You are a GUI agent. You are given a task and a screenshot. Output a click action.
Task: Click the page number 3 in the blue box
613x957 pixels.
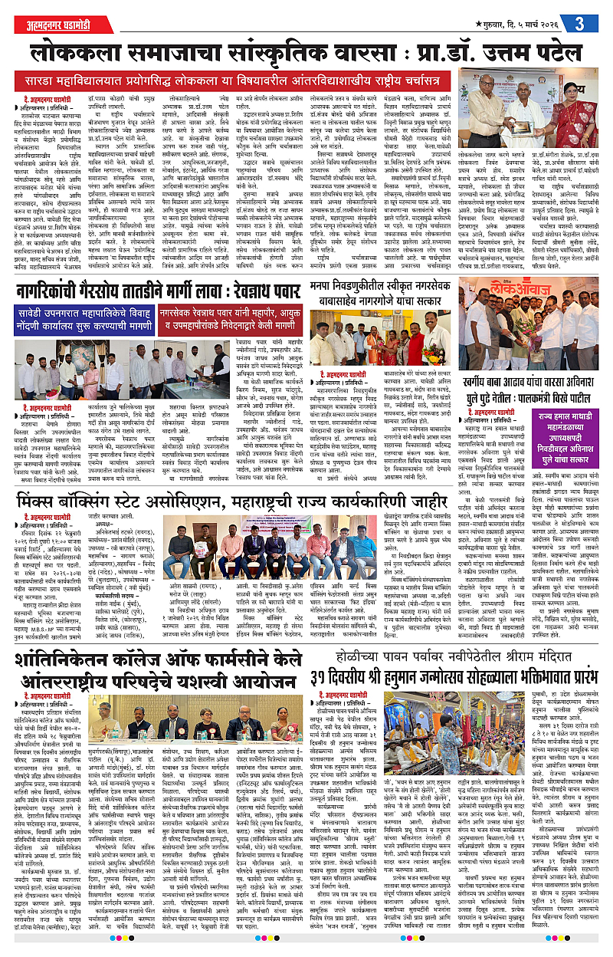click(x=580, y=23)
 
